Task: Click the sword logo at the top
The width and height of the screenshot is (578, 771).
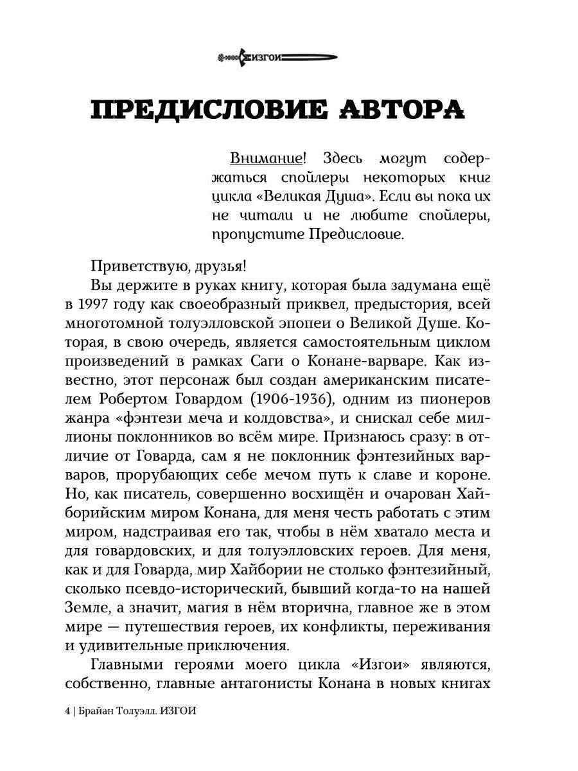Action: pyautogui.click(x=277, y=58)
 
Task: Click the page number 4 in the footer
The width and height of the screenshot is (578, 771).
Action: pyautogui.click(x=67, y=713)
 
